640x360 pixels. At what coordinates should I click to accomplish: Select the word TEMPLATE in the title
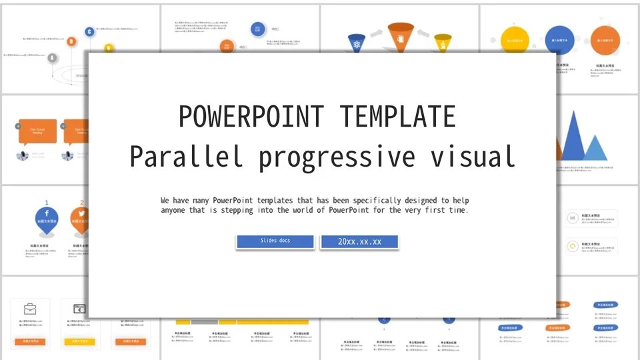click(398, 117)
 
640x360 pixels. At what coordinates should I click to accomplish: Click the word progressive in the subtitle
click(337, 158)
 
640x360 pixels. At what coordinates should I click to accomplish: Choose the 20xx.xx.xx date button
click(359, 241)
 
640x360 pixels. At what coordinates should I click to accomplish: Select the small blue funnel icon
click(357, 43)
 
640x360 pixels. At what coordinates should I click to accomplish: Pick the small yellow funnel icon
click(443, 43)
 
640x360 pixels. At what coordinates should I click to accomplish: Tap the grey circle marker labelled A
click(52, 58)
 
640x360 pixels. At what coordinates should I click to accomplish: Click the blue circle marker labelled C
click(89, 31)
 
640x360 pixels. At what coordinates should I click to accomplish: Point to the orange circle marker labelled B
click(72, 41)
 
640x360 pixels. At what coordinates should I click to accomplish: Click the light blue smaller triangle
click(595, 149)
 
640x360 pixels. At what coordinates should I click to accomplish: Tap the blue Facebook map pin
click(47, 221)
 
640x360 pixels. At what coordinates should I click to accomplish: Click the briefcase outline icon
click(30, 309)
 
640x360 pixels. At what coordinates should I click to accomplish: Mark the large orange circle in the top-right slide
click(605, 40)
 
